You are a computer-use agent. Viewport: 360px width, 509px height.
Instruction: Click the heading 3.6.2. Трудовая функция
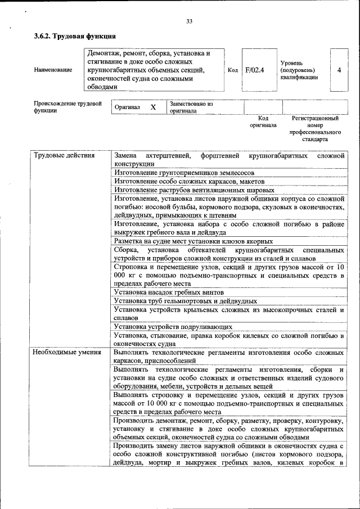[75, 37]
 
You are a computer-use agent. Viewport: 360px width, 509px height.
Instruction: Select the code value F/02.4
[255, 70]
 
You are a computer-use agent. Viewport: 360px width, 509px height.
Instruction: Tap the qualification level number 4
[339, 70]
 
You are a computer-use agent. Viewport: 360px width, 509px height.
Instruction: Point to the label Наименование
[53, 70]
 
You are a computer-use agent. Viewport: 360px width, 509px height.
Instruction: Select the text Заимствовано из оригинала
[191, 107]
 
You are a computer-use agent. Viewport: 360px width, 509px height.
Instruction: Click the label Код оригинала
[263, 122]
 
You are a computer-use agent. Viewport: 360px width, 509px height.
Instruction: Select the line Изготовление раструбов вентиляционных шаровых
[190, 190]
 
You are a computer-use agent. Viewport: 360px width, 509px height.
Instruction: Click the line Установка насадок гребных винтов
[168, 292]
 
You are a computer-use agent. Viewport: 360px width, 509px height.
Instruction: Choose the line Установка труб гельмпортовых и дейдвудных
[185, 301]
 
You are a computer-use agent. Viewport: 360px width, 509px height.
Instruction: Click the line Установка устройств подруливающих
[173, 326]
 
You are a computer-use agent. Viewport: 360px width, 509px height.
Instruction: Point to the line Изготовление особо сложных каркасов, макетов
[186, 182]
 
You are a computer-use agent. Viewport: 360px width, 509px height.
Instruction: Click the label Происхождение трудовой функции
[67, 107]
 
